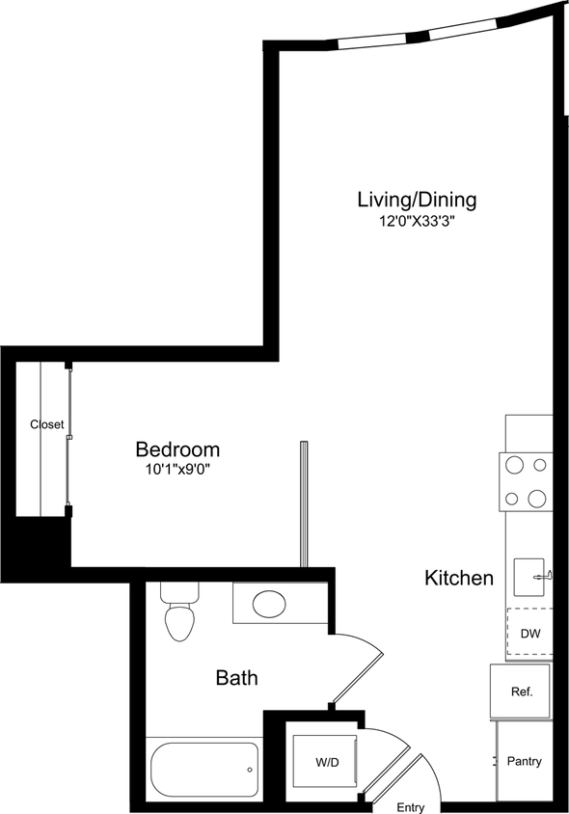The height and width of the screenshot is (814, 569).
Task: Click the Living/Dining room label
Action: (417, 201)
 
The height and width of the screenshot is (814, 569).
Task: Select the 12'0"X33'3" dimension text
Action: (417, 222)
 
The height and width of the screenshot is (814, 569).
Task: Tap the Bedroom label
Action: (177, 449)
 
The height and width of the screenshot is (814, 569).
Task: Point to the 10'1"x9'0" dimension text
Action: (177, 471)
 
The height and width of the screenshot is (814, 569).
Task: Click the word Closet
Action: (46, 424)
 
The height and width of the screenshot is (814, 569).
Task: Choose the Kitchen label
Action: (459, 579)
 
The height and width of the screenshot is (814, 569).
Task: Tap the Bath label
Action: (236, 679)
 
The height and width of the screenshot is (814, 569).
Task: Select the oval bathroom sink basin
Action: (268, 606)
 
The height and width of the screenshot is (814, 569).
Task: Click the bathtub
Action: (203, 770)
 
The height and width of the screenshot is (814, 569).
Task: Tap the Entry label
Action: (411, 807)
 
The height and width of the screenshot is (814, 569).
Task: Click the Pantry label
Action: (524, 761)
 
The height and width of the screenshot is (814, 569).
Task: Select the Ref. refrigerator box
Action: (522, 692)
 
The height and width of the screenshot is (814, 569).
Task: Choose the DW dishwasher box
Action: (529, 634)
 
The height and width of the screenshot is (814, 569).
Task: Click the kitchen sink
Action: (530, 578)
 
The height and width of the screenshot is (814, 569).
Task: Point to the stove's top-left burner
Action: (515, 466)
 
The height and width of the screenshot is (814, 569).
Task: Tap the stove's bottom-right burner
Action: (537, 499)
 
